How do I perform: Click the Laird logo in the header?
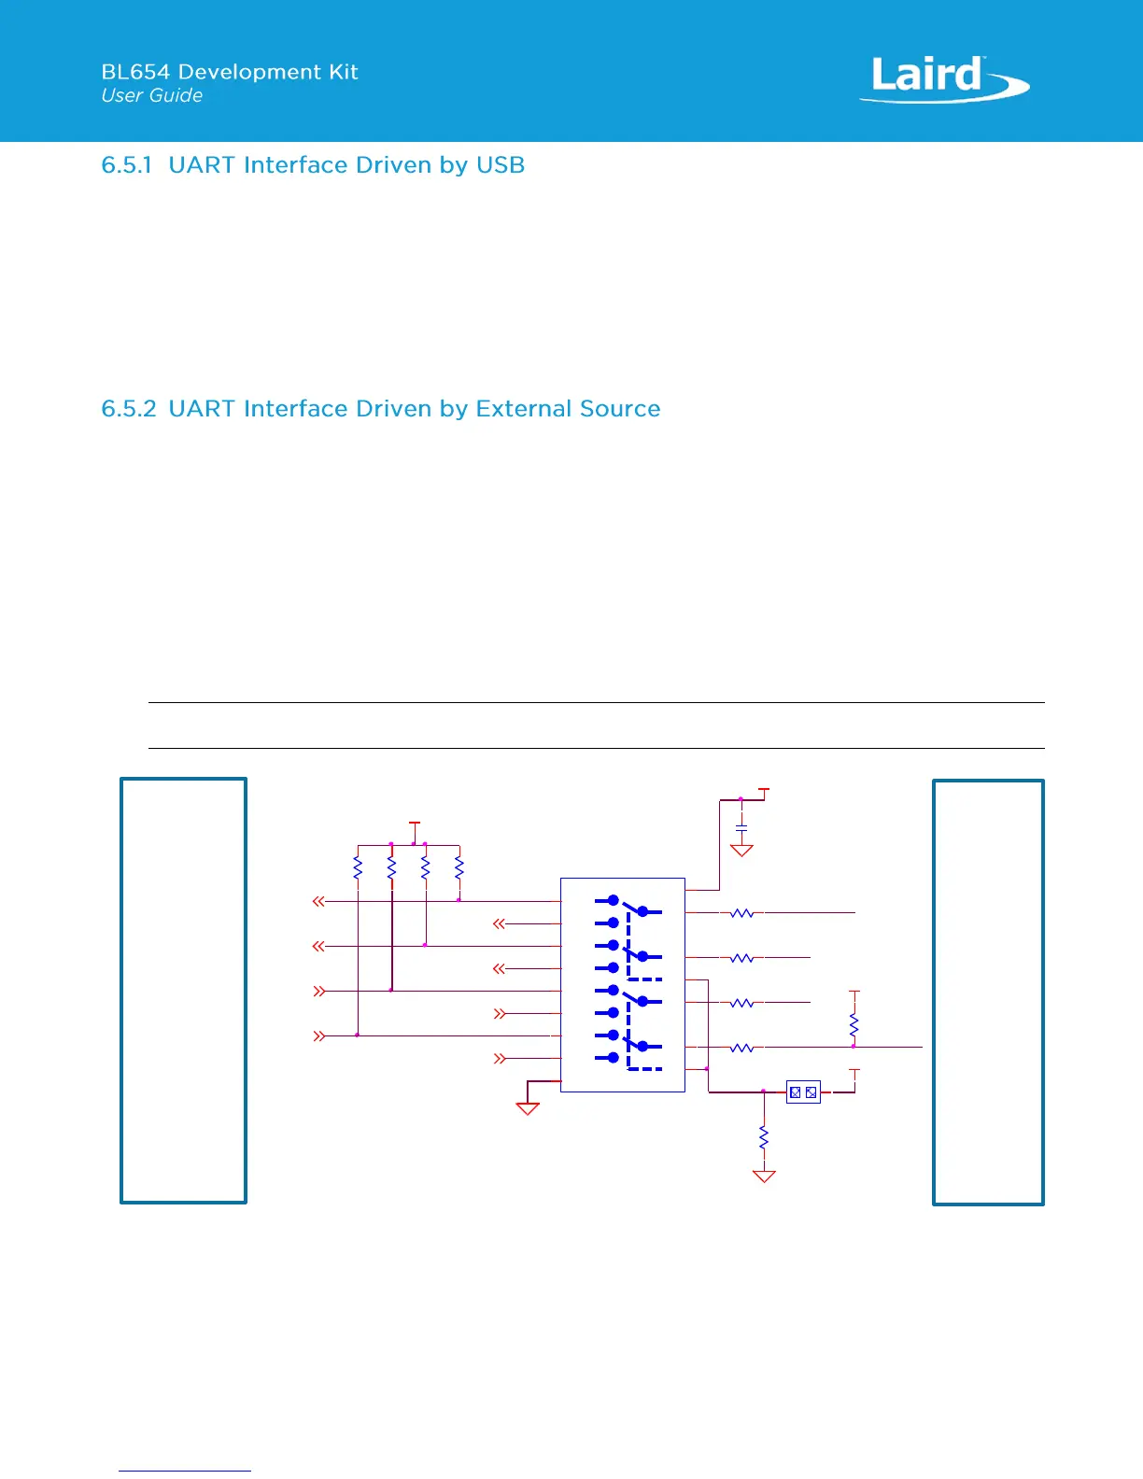pos(943,78)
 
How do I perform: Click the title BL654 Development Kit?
pos(230,72)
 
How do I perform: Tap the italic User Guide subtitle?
pos(151,95)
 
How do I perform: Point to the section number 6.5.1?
pos(126,165)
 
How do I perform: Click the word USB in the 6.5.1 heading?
pos(501,165)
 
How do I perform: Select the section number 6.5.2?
pos(128,409)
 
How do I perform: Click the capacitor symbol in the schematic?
pos(741,828)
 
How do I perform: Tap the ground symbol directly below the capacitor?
pos(741,851)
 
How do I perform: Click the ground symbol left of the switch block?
pos(528,1108)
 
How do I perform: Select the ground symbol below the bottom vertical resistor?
pos(764,1176)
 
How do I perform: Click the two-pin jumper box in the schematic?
pos(803,1092)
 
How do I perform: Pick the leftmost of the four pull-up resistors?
pos(358,868)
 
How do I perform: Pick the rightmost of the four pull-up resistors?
pos(459,868)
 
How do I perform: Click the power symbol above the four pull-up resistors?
pos(415,824)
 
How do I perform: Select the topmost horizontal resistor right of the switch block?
pos(741,913)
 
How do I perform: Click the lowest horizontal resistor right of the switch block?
pos(741,1048)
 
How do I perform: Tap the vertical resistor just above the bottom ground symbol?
pos(764,1138)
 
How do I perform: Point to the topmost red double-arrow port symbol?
pos(319,901)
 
